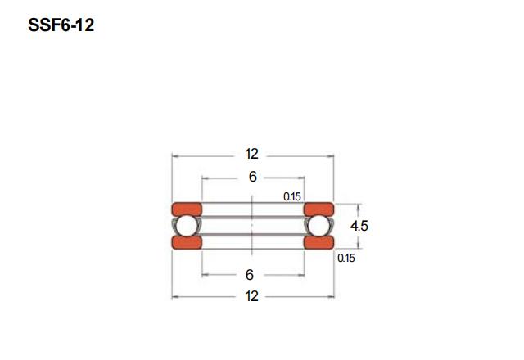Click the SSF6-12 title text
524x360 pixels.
coord(61,25)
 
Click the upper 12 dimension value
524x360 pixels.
coord(251,154)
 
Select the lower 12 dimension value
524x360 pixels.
coord(251,296)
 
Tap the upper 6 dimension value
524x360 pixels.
coord(253,177)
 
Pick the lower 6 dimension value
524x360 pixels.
coord(250,275)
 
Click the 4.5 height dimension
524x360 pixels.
coord(359,226)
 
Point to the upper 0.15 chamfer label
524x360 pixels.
coord(292,196)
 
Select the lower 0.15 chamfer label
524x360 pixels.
coord(346,259)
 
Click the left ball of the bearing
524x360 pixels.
coord(187,226)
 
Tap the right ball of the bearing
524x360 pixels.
coord(318,226)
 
